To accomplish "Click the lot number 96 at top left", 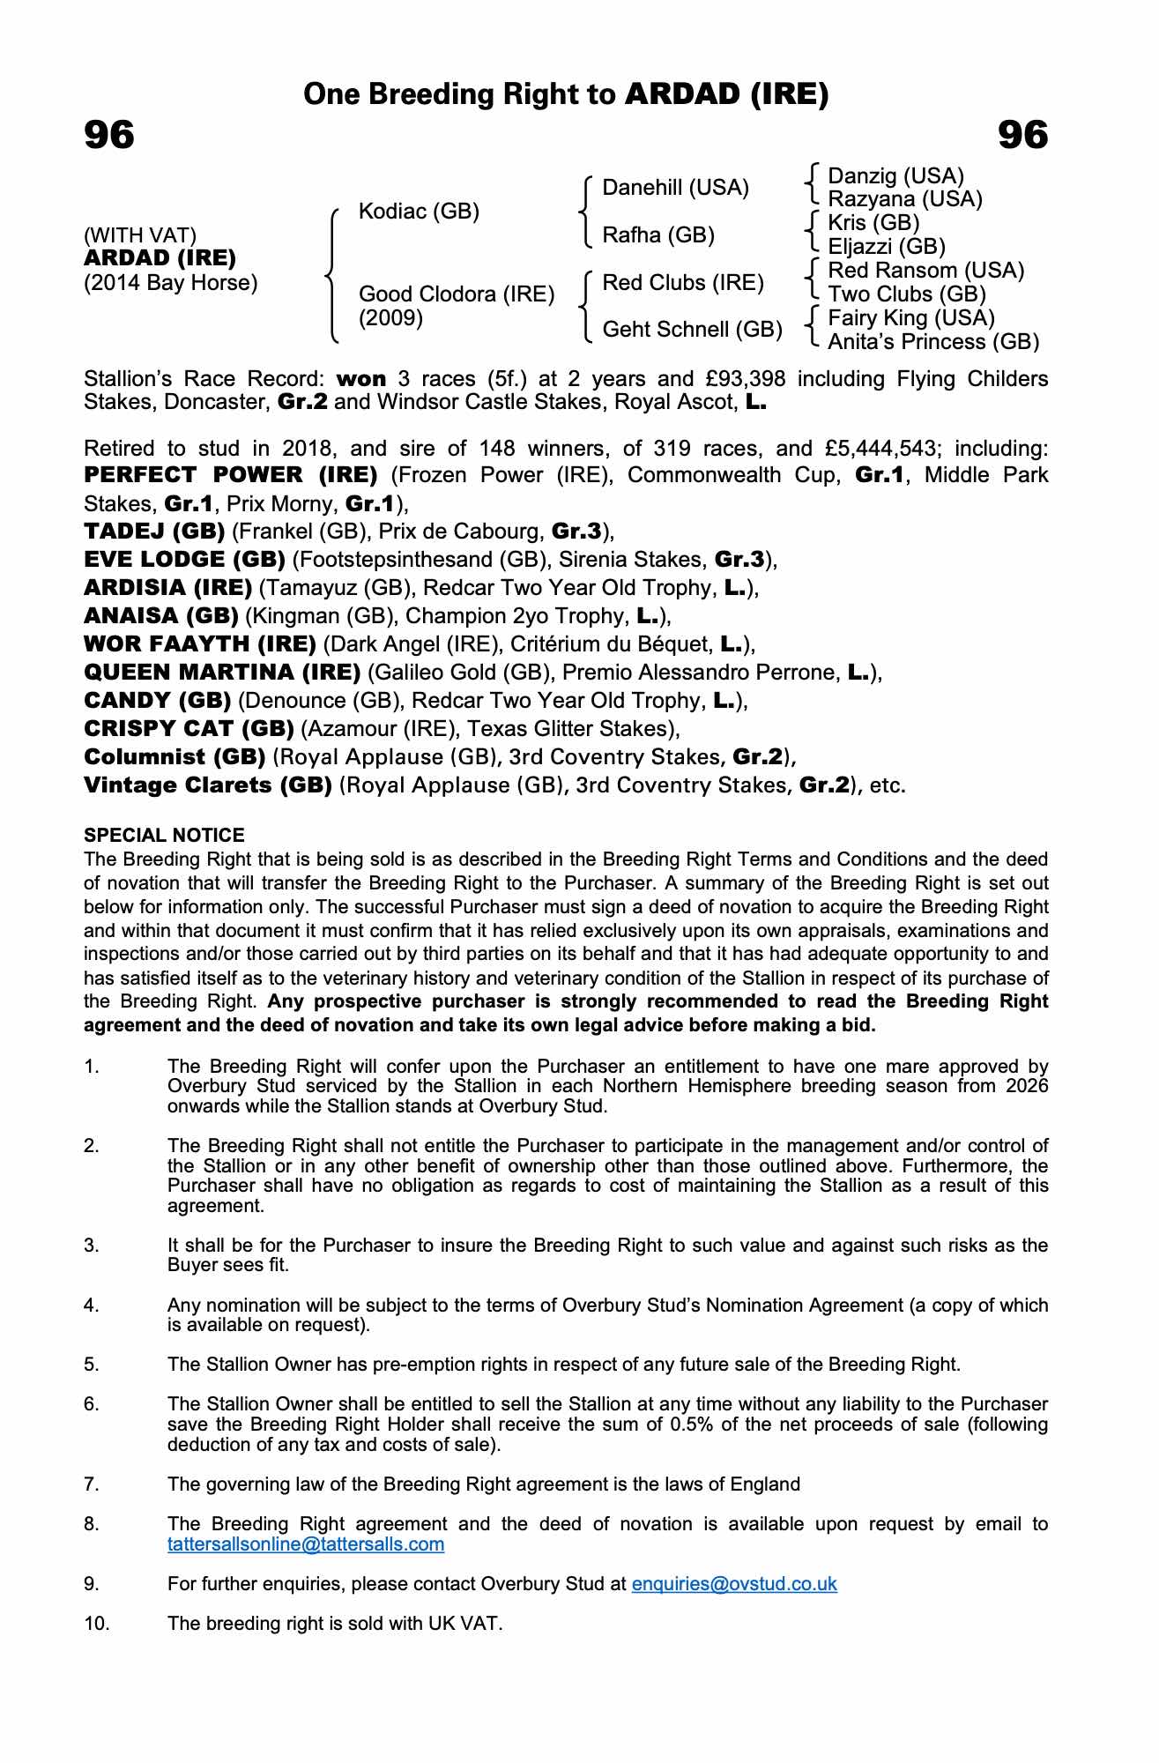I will click(x=109, y=136).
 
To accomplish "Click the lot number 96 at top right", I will click(x=1022, y=136).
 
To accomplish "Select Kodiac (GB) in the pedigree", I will click(x=419, y=212).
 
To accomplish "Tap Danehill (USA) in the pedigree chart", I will click(x=675, y=188).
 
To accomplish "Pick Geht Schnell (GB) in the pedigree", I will click(x=692, y=330).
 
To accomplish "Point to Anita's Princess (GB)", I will click(x=933, y=342).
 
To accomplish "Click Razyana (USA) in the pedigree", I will click(x=904, y=199).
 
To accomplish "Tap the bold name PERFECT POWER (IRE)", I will click(x=231, y=475).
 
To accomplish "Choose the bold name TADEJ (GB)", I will click(x=154, y=532).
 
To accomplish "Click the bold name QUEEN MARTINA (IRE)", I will click(x=222, y=673).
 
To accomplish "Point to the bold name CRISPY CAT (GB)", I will click(x=189, y=729).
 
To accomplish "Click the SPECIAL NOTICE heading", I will click(x=164, y=836).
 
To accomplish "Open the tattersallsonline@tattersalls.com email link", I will click(x=306, y=1544).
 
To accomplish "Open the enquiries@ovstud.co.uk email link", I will click(x=734, y=1584).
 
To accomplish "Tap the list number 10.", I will click(x=97, y=1624).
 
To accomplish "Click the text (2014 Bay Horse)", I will click(x=171, y=284).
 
